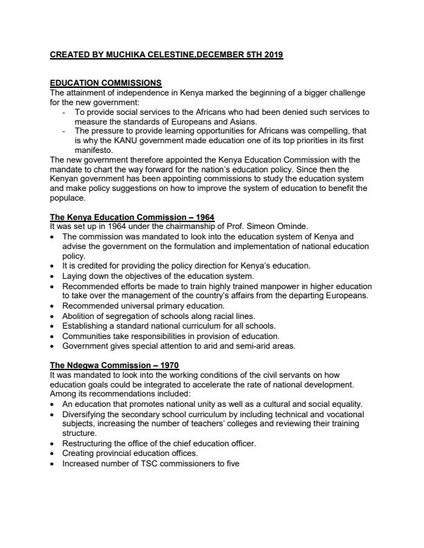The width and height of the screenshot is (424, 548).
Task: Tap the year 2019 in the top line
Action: (x=272, y=54)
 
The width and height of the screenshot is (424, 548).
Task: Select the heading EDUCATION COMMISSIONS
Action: (x=106, y=83)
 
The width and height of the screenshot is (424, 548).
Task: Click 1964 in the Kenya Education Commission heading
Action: (x=203, y=217)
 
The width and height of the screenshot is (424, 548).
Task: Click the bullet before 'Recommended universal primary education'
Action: (x=55, y=306)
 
